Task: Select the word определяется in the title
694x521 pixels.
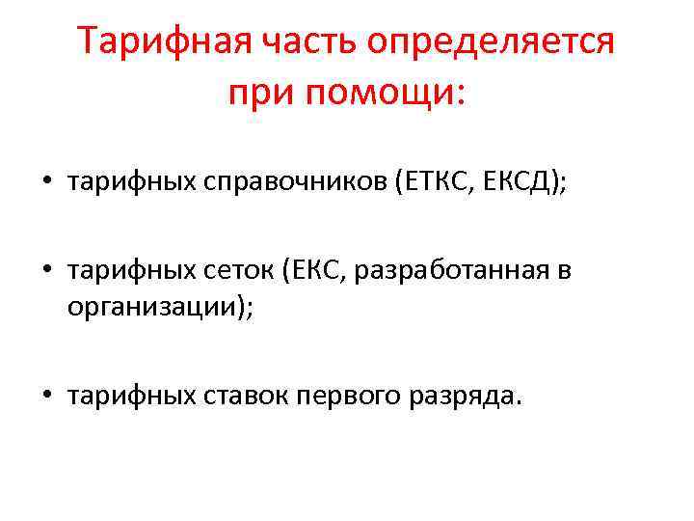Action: (x=501, y=43)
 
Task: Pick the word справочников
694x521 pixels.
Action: (x=294, y=183)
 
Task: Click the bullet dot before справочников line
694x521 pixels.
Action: (x=45, y=183)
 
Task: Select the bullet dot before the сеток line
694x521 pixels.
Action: (x=45, y=271)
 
